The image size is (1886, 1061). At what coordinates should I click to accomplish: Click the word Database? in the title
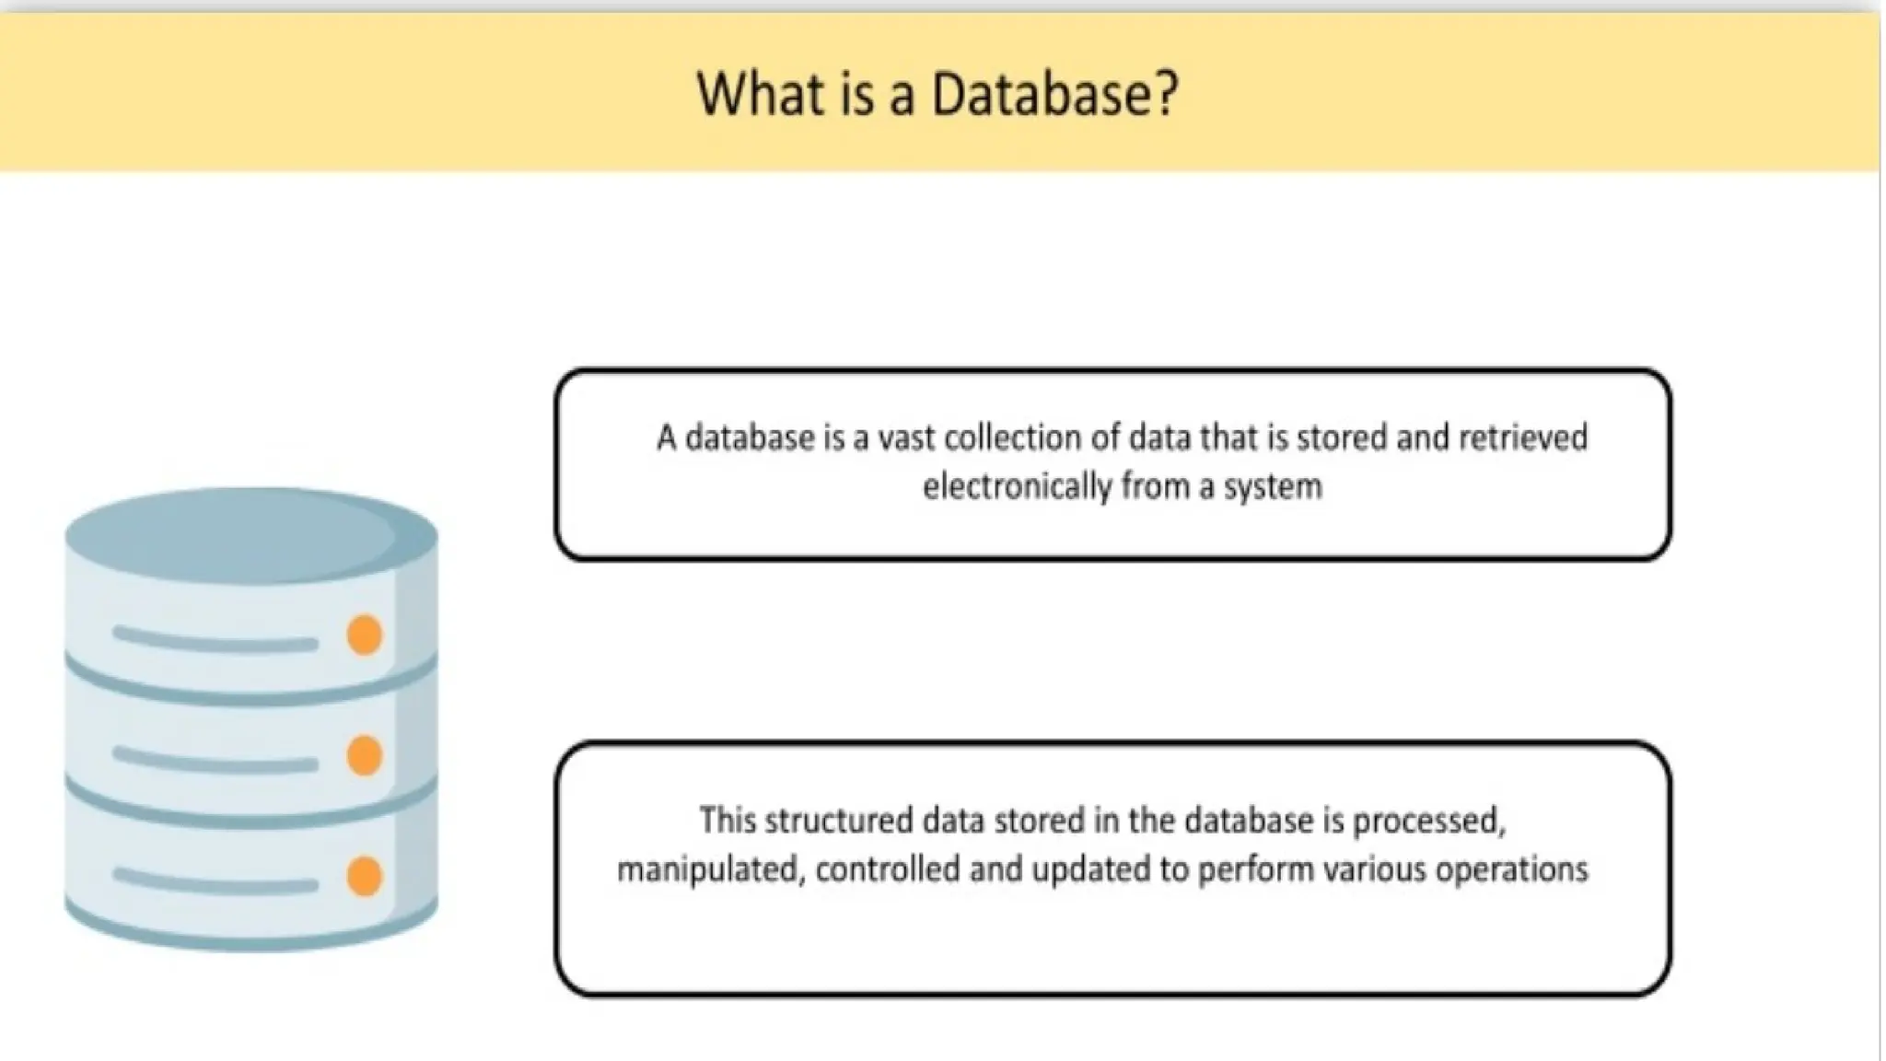1054,94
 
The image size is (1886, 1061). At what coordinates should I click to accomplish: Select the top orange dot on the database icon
365,635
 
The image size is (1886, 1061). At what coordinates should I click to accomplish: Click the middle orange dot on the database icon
365,755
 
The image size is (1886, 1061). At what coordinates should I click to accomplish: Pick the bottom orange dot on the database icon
365,876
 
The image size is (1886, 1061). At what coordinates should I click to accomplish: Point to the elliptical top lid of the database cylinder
250,534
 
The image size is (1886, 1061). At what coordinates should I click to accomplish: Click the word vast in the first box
906,437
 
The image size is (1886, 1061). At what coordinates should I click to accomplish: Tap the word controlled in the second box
888,869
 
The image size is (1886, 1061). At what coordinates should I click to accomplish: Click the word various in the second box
1372,869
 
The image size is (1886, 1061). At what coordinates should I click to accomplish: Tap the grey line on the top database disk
215,639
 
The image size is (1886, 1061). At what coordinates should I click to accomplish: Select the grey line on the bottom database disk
215,880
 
